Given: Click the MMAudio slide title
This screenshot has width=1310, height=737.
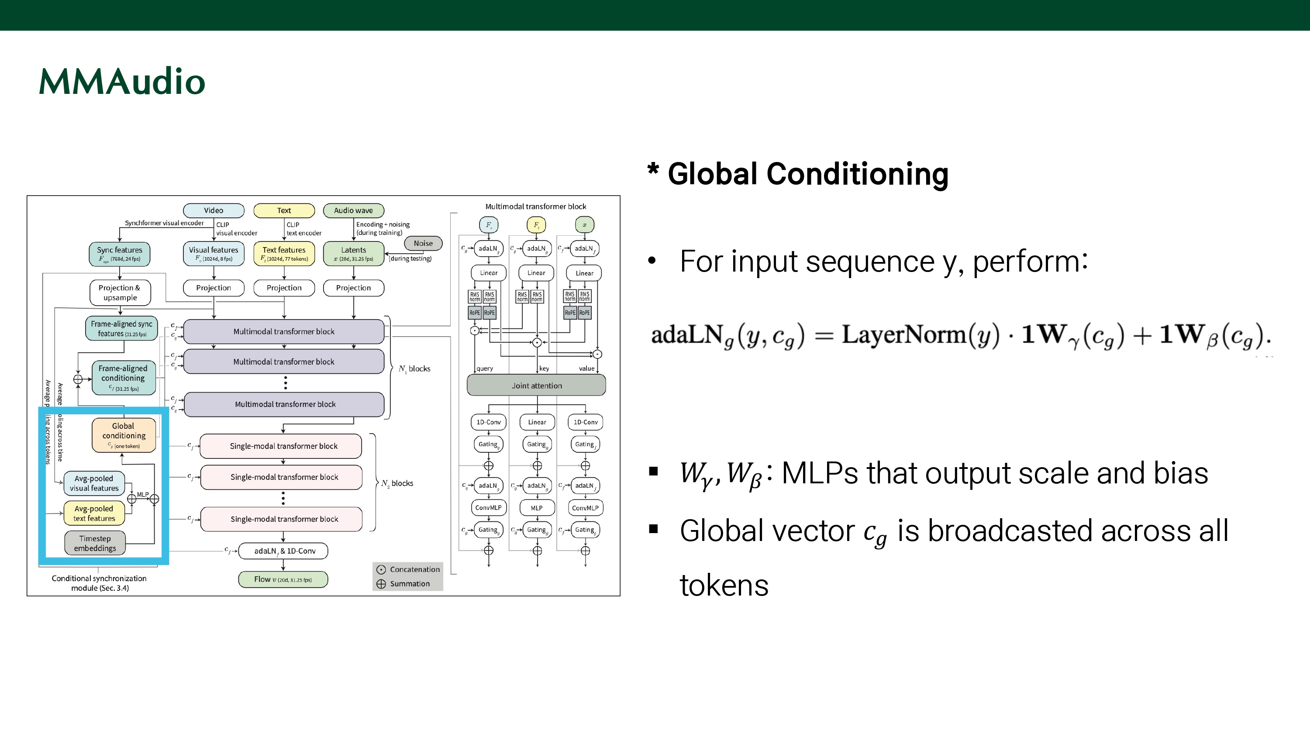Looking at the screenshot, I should [122, 81].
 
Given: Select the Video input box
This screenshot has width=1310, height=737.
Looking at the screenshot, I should [214, 210].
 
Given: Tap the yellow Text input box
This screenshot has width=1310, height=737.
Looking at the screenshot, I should [284, 210].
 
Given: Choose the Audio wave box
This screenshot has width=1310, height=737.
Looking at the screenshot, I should [353, 210].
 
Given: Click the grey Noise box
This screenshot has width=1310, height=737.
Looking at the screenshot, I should [423, 244].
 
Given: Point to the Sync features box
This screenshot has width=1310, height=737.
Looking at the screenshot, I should [120, 254].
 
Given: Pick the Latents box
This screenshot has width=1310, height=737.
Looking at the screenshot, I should [353, 254].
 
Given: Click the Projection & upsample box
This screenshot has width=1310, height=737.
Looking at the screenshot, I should [120, 293].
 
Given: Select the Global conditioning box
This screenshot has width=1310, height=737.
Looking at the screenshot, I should [124, 435].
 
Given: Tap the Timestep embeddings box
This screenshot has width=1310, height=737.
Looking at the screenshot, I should [95, 543].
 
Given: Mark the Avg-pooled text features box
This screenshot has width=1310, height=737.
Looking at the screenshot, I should [94, 513].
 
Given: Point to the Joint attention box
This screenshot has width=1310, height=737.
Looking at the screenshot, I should [537, 386].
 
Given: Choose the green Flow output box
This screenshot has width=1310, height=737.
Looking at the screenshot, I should [283, 579].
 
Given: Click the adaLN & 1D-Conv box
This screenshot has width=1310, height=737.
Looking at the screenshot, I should [283, 551].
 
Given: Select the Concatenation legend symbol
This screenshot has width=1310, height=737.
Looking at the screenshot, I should [381, 570].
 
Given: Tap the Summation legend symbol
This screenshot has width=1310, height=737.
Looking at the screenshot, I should [381, 584].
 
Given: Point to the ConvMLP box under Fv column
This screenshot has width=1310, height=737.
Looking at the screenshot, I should [488, 508].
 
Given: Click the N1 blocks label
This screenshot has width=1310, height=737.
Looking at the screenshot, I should [414, 369].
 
